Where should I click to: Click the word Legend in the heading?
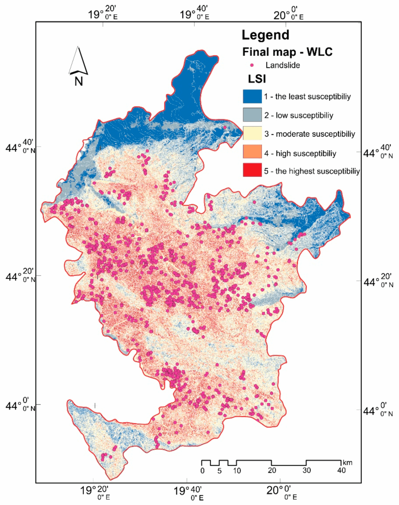[x=265, y=35]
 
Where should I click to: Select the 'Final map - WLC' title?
[x=287, y=52]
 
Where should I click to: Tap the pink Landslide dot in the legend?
[x=252, y=65]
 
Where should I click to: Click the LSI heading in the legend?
[x=257, y=79]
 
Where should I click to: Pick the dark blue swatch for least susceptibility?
[x=252, y=97]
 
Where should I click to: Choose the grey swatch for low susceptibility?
[x=252, y=115]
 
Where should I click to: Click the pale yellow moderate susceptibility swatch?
[x=252, y=134]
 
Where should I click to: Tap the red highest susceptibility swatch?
[x=252, y=171]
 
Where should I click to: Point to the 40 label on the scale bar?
[x=341, y=470]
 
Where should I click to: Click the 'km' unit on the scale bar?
[x=347, y=463]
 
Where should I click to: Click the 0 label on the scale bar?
[x=203, y=471]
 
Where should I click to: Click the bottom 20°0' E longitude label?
[x=282, y=492]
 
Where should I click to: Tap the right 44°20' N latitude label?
[x=378, y=281]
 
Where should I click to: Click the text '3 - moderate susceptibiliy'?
[x=309, y=134]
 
